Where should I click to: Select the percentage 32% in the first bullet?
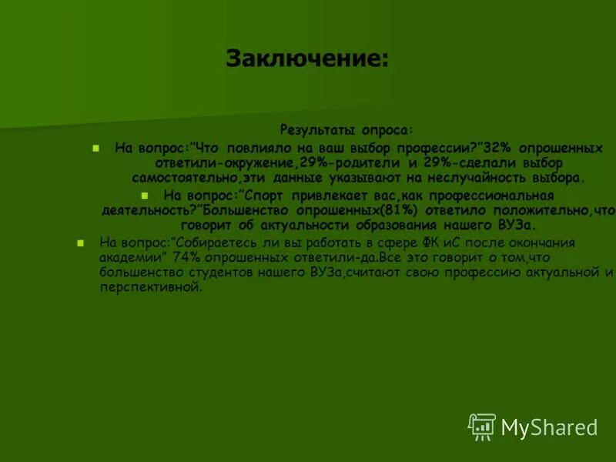pos(493,147)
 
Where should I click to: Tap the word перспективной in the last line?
pos(149,288)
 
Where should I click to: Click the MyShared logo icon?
pos(481,427)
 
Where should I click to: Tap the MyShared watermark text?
pos(549,427)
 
